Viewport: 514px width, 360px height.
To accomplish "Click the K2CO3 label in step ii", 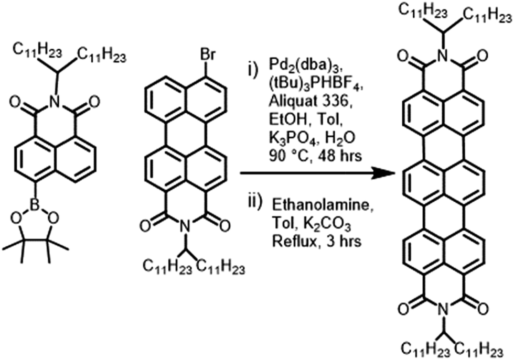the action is pos(327,225).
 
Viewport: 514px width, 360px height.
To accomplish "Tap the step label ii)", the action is pos(255,202).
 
